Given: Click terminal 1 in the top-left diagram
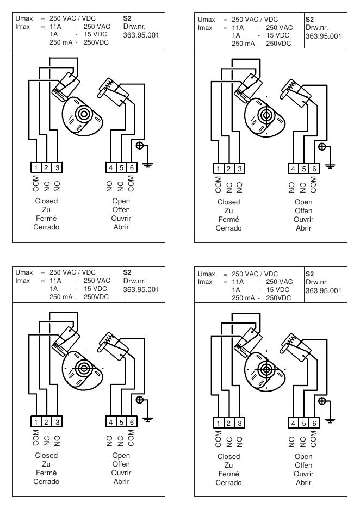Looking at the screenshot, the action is point(36,167).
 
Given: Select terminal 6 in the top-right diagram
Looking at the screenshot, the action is point(314,169).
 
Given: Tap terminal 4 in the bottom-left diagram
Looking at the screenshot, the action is point(111,422).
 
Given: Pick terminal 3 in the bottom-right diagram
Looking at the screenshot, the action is point(240,423).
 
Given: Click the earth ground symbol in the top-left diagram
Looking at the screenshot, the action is point(148,165).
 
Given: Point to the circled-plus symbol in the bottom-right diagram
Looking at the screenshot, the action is point(322,401).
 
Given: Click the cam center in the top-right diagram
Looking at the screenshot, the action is point(266,115).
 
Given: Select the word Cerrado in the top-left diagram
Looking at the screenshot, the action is point(46,227).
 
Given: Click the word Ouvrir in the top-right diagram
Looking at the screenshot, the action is point(303,220).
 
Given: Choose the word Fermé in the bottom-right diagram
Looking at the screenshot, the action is point(228,474).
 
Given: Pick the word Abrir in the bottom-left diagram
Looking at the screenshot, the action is point(121,481).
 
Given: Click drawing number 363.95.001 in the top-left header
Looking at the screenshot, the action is point(141,35).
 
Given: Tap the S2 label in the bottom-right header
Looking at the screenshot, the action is point(309,274).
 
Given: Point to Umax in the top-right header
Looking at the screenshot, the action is point(207,20).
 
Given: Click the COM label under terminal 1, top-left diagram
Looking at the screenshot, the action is point(36,184).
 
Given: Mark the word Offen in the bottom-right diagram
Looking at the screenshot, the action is point(303,465).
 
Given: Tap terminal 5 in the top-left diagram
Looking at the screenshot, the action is point(121,167).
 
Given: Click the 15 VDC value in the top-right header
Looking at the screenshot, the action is point(278,35).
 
